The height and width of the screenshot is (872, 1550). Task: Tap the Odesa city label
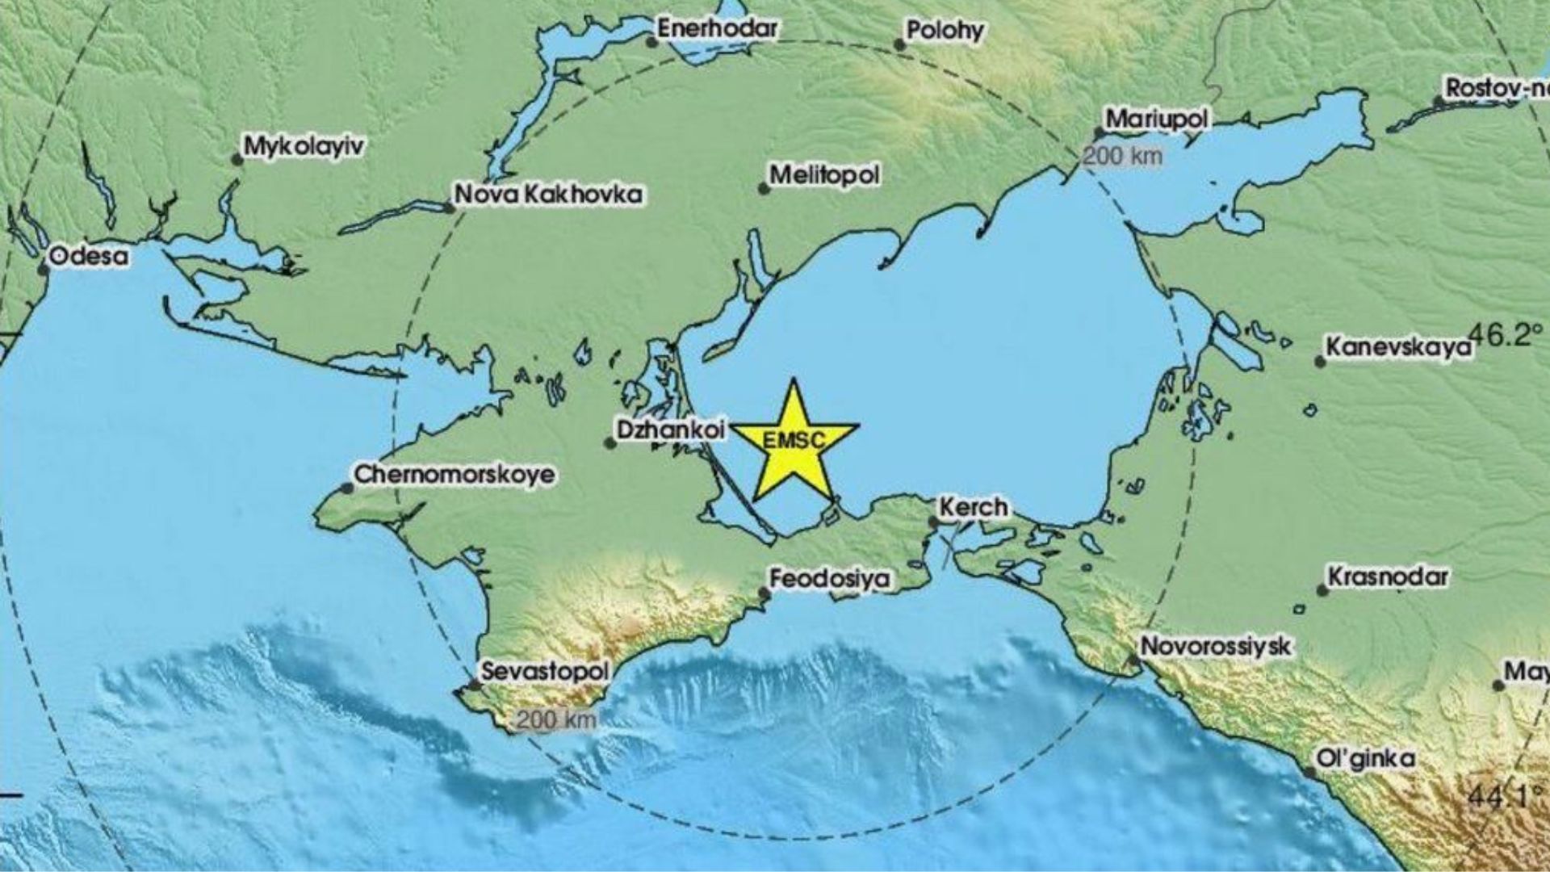pyautogui.click(x=89, y=257)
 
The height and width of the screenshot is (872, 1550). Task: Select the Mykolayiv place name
pyautogui.click(x=304, y=147)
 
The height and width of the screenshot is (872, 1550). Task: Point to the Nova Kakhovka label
pyautogui.click(x=549, y=195)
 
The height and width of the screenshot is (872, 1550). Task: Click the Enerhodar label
pyautogui.click(x=718, y=29)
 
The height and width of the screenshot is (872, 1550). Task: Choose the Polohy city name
pyautogui.click(x=945, y=31)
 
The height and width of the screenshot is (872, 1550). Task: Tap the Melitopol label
pyautogui.click(x=824, y=175)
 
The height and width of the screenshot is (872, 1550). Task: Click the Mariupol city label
pyautogui.click(x=1157, y=120)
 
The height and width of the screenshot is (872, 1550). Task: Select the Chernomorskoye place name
pyautogui.click(x=455, y=474)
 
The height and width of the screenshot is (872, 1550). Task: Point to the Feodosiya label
pyautogui.click(x=830, y=579)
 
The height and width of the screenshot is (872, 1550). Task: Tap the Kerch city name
pyautogui.click(x=973, y=508)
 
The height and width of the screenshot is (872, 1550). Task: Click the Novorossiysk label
pyautogui.click(x=1216, y=647)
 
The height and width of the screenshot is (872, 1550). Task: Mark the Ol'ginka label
pyautogui.click(x=1365, y=759)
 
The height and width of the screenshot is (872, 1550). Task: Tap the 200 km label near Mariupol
pyautogui.click(x=1122, y=156)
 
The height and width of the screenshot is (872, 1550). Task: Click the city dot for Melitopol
pyautogui.click(x=763, y=189)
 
